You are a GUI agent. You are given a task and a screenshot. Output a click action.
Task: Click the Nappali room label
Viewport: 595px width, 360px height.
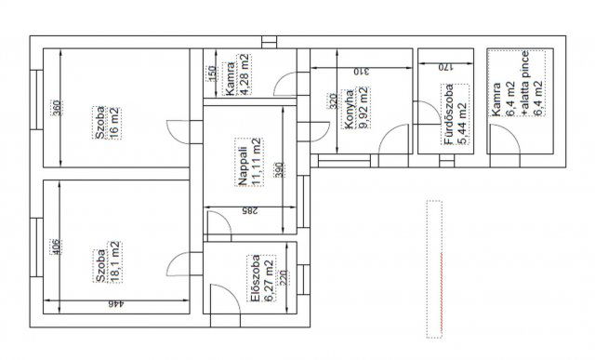coord(244,167)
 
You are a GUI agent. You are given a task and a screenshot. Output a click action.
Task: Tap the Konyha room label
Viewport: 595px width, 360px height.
coord(350,109)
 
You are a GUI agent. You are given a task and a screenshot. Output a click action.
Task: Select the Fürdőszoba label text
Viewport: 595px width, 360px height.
coord(449,114)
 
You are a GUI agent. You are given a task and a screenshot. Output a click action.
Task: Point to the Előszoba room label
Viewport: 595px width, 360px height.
coord(256,278)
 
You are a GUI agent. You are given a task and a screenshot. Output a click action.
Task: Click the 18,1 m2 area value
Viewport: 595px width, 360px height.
coord(115,262)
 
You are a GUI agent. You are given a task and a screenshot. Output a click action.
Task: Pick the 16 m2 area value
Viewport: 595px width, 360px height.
coord(114,123)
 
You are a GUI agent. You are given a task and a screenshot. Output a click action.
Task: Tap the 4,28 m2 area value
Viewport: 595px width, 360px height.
coord(245,74)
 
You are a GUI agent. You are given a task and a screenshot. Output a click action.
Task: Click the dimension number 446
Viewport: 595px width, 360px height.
coord(116,304)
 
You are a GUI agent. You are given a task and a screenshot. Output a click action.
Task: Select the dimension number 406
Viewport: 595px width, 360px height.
coord(56,247)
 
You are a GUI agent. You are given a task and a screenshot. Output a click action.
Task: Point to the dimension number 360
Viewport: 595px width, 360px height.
coord(56,108)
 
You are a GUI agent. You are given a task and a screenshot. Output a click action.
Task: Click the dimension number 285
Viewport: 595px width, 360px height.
coord(250,211)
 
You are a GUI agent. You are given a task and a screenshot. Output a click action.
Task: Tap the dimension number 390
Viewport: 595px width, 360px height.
coord(279,169)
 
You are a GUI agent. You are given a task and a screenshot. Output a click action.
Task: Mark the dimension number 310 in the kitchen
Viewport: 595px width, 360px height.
coord(362,72)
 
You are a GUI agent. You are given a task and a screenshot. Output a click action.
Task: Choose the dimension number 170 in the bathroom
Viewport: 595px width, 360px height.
coord(446,68)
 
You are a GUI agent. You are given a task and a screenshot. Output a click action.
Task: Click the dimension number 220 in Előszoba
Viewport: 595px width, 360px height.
coord(283,277)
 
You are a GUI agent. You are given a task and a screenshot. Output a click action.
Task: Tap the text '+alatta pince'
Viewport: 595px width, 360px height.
coord(525,83)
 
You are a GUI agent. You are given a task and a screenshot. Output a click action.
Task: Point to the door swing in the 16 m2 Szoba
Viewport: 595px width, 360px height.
coord(178,132)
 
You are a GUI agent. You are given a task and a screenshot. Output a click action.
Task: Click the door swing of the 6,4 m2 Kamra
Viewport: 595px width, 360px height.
coord(505,139)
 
